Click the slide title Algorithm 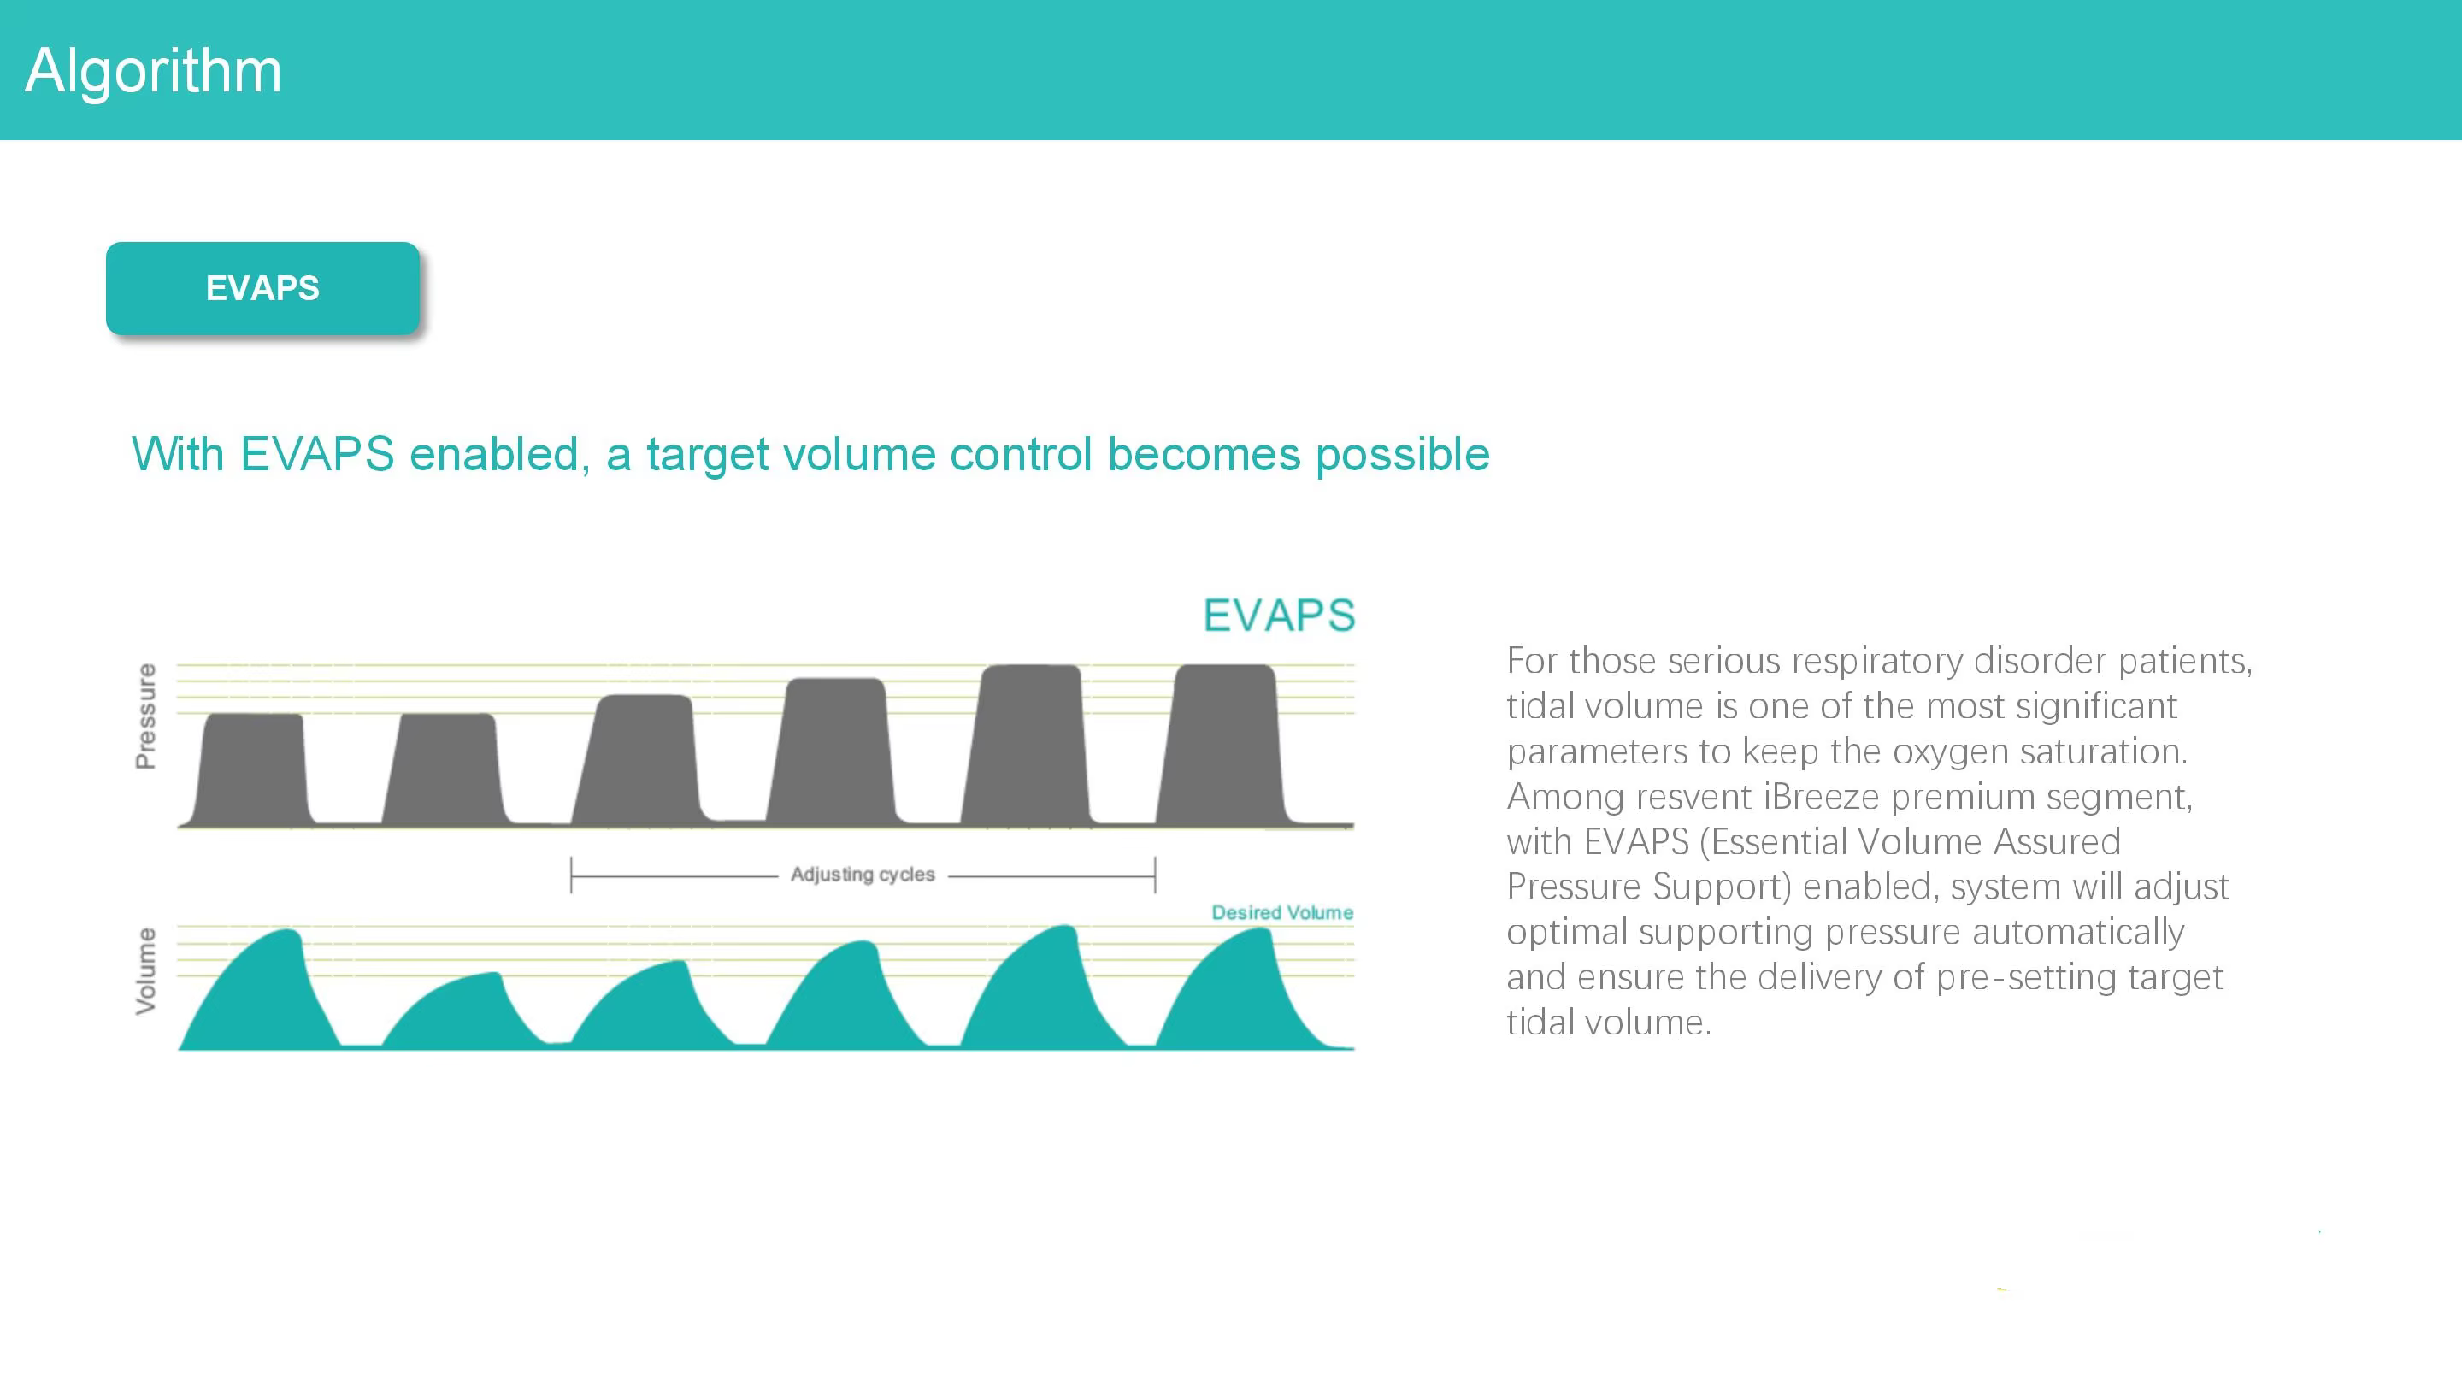click(153, 71)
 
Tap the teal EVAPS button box click(262, 288)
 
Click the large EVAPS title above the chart click(1279, 615)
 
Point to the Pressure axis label click(145, 716)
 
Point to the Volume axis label click(145, 970)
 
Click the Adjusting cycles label click(862, 875)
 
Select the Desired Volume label click(1281, 913)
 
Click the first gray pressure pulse click(251, 769)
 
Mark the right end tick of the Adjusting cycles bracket click(1156, 875)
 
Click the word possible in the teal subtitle click(1402, 455)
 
